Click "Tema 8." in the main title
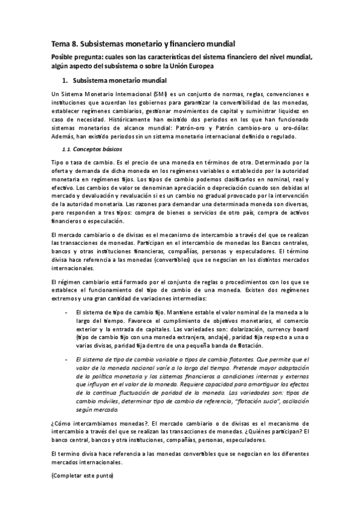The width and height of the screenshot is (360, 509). point(62,44)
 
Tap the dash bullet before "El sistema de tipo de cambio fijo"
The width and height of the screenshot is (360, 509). point(65,313)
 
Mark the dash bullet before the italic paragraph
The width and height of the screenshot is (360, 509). point(65,359)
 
